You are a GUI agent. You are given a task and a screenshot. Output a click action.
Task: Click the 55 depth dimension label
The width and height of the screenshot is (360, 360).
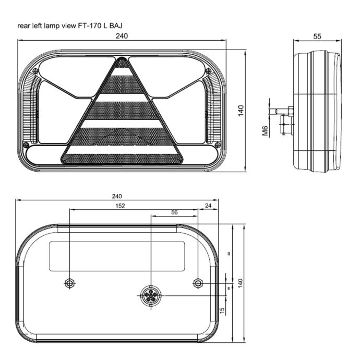pyautogui.click(x=317, y=37)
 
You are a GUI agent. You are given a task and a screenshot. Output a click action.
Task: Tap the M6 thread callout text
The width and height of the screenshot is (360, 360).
pyautogui.click(x=265, y=130)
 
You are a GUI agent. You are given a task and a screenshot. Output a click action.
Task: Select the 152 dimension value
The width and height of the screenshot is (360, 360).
pyautogui.click(x=120, y=206)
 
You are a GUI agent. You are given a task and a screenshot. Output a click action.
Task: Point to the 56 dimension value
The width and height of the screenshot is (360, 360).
pyautogui.click(x=174, y=212)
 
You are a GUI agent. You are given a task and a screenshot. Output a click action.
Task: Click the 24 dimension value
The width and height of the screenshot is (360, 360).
pyautogui.click(x=208, y=206)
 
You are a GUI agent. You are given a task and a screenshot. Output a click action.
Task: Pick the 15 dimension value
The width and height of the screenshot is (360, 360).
pyautogui.click(x=222, y=310)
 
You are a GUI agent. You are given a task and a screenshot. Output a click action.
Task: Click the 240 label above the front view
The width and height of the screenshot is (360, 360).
pyautogui.click(x=122, y=36)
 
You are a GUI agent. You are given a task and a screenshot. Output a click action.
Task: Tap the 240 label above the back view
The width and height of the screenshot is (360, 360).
pyautogui.click(x=117, y=196)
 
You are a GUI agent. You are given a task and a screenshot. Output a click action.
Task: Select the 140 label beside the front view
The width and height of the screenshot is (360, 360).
pyautogui.click(x=241, y=111)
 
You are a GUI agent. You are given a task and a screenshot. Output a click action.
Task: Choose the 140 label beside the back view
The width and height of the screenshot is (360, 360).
pyautogui.click(x=240, y=283)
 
